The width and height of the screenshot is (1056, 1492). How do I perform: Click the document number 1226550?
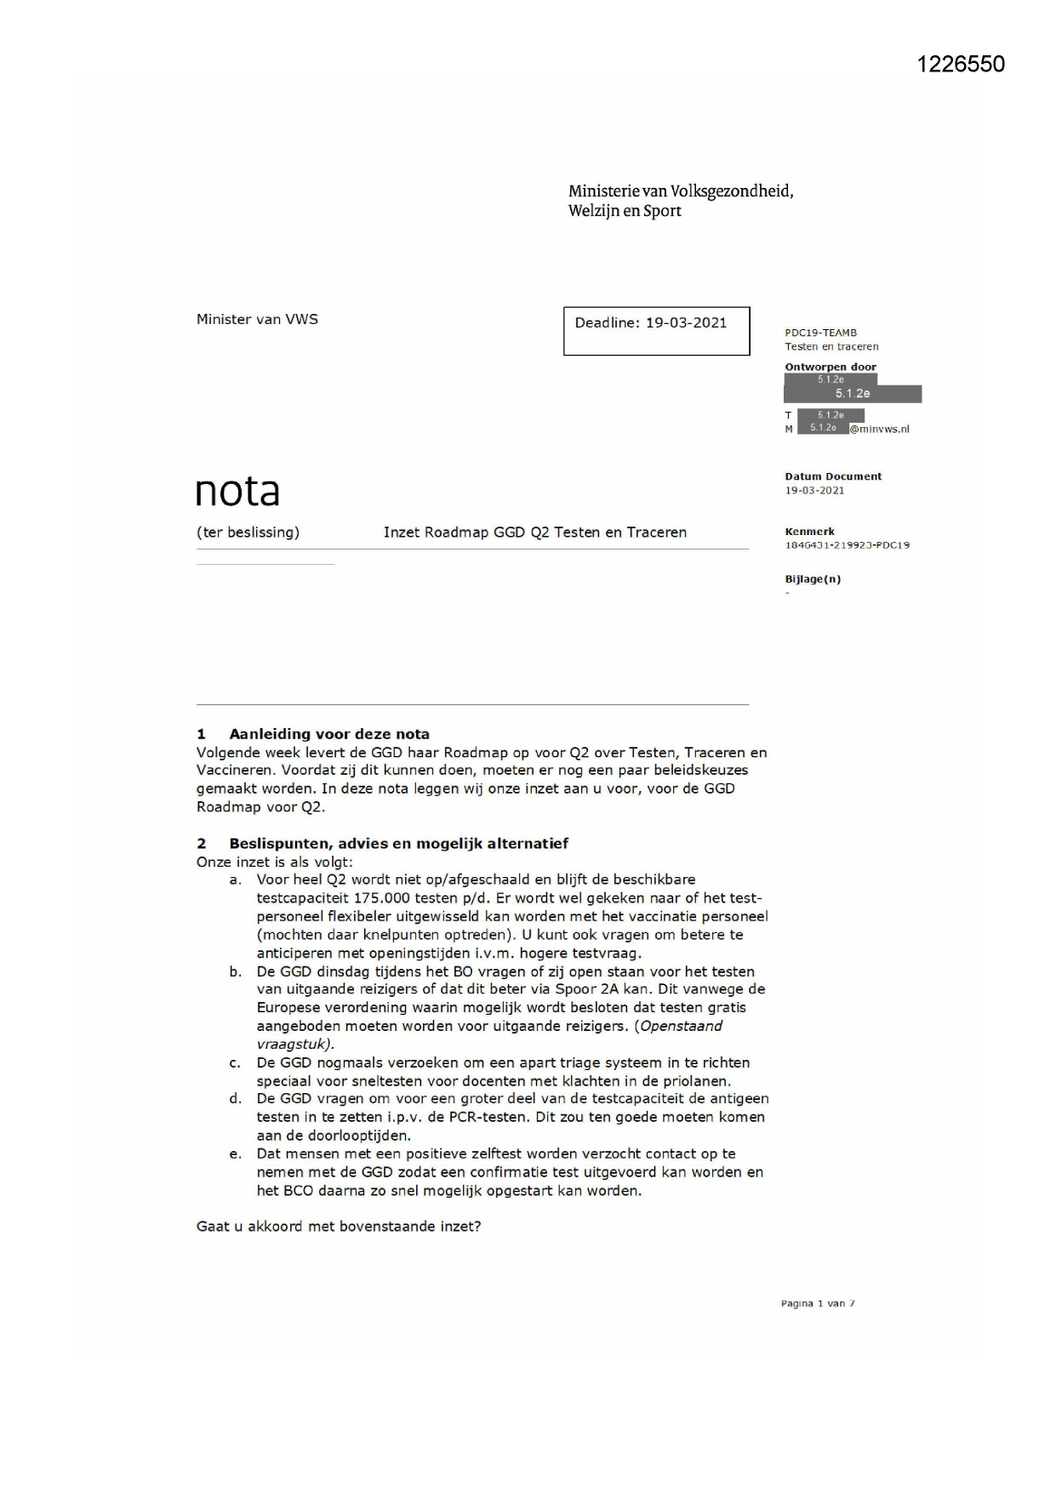click(x=961, y=65)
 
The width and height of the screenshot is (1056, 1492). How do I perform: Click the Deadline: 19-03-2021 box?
click(x=656, y=330)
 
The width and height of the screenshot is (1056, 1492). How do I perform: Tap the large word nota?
click(x=237, y=492)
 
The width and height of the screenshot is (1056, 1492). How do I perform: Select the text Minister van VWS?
click(x=257, y=319)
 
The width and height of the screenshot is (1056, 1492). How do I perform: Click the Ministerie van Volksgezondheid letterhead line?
click(x=681, y=191)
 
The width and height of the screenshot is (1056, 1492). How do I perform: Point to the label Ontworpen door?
click(x=830, y=367)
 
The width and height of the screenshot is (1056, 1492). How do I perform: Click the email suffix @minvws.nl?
click(x=879, y=430)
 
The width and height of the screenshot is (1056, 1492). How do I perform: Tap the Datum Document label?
click(x=833, y=476)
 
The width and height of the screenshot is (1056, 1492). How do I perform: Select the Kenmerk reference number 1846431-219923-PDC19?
click(x=847, y=545)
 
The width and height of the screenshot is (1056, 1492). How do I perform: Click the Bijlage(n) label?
click(x=813, y=579)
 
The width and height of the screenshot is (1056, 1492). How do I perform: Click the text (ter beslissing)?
click(x=248, y=532)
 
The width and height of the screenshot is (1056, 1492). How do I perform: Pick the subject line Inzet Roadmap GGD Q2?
click(x=534, y=532)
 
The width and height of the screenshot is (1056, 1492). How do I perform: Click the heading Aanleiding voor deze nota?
click(x=329, y=734)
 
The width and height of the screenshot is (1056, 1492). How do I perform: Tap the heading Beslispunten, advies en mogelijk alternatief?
click(x=398, y=844)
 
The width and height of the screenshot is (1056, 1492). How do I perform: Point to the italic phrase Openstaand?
click(x=681, y=1026)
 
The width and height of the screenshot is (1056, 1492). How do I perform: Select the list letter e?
click(x=235, y=1154)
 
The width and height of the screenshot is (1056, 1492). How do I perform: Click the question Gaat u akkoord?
click(x=339, y=1227)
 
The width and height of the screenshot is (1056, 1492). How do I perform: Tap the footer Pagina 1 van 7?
click(x=818, y=1303)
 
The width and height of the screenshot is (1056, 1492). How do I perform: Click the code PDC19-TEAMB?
click(x=820, y=333)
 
